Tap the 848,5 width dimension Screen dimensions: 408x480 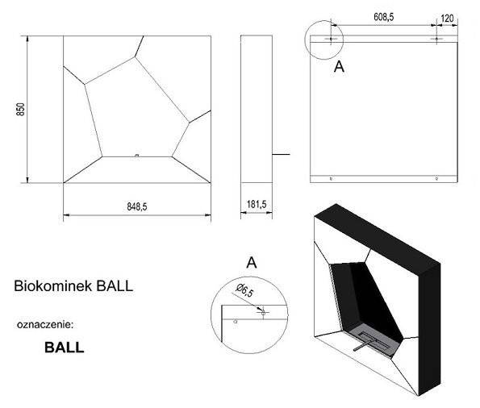(137, 207)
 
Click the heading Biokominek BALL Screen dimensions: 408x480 (69, 285)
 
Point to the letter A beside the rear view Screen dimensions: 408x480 (339, 68)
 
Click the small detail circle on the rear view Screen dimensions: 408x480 (323, 39)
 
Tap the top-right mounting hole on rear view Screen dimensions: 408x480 (436, 39)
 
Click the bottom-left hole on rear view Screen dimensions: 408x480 (330, 178)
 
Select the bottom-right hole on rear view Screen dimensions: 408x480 (436, 178)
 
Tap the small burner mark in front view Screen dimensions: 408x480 (137, 155)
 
